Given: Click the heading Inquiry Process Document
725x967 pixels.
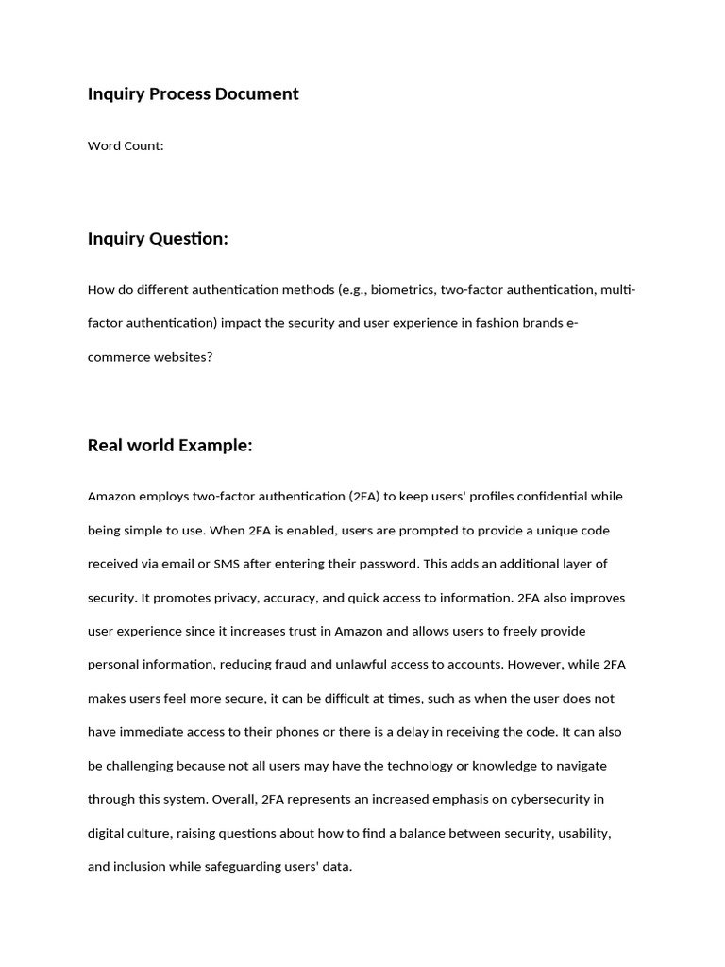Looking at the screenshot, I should pos(193,93).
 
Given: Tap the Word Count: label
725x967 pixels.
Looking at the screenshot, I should pos(126,145).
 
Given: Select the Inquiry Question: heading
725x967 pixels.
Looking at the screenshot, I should pos(158,238).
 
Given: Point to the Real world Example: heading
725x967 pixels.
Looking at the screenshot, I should pos(170,445).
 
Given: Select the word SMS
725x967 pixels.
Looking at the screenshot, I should pos(227,564).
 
